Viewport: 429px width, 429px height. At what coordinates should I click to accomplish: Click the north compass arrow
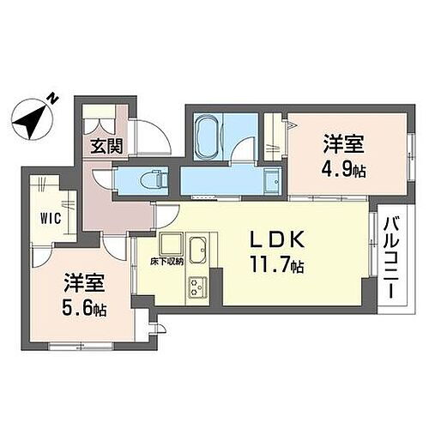tap(33, 118)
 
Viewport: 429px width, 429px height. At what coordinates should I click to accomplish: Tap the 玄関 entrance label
tap(106, 146)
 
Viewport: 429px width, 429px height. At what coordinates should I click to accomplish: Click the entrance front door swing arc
tap(153, 137)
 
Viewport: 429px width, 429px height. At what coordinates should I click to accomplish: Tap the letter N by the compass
tap(52, 100)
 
